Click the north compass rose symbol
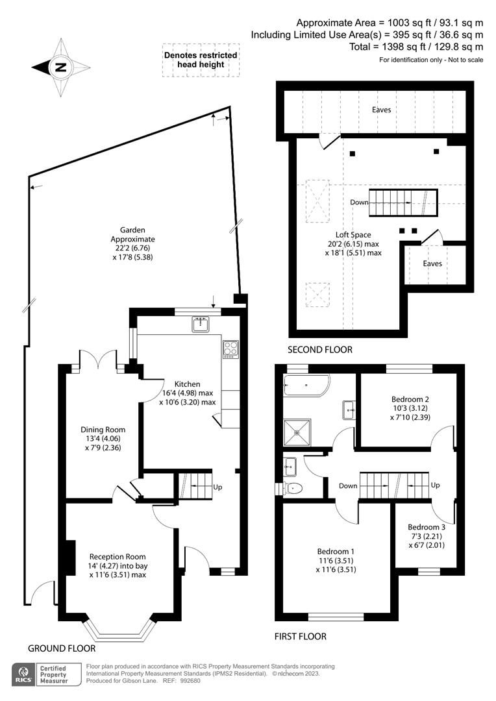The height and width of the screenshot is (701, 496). [60, 67]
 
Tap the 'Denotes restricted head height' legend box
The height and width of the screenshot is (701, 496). [201, 60]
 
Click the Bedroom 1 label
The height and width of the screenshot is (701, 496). [336, 560]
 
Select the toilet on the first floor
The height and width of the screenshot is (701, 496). [293, 488]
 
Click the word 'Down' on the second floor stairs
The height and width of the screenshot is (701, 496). [358, 202]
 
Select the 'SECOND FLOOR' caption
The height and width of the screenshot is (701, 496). [320, 350]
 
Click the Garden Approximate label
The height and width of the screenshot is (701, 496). [132, 243]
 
